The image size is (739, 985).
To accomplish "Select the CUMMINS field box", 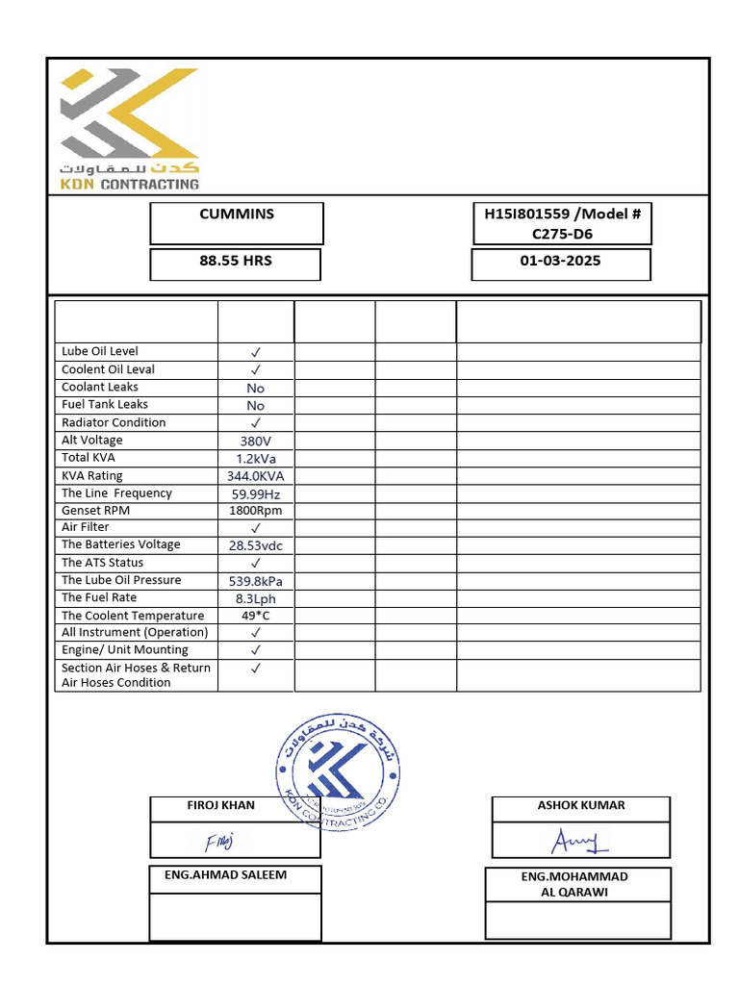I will click(237, 223).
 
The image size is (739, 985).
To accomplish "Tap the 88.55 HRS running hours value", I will click(236, 261).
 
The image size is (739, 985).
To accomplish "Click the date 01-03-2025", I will click(560, 261).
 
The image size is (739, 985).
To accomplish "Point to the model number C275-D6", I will click(562, 233).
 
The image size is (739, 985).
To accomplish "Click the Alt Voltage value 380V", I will click(255, 442).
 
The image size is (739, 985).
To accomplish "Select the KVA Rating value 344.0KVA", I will click(255, 476).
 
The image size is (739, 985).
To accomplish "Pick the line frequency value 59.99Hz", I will click(255, 493).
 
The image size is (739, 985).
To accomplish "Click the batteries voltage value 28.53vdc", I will click(255, 545).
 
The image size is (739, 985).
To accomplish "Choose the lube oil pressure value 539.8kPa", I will click(255, 581).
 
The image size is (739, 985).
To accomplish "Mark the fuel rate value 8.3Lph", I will click(255, 598).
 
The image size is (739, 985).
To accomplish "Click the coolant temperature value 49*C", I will click(255, 616).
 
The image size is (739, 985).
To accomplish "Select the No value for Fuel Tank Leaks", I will click(255, 406).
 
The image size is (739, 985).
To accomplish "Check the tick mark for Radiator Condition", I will click(256, 423).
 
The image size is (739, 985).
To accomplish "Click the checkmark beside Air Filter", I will click(256, 528).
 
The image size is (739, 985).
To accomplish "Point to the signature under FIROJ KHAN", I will click(218, 843).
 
